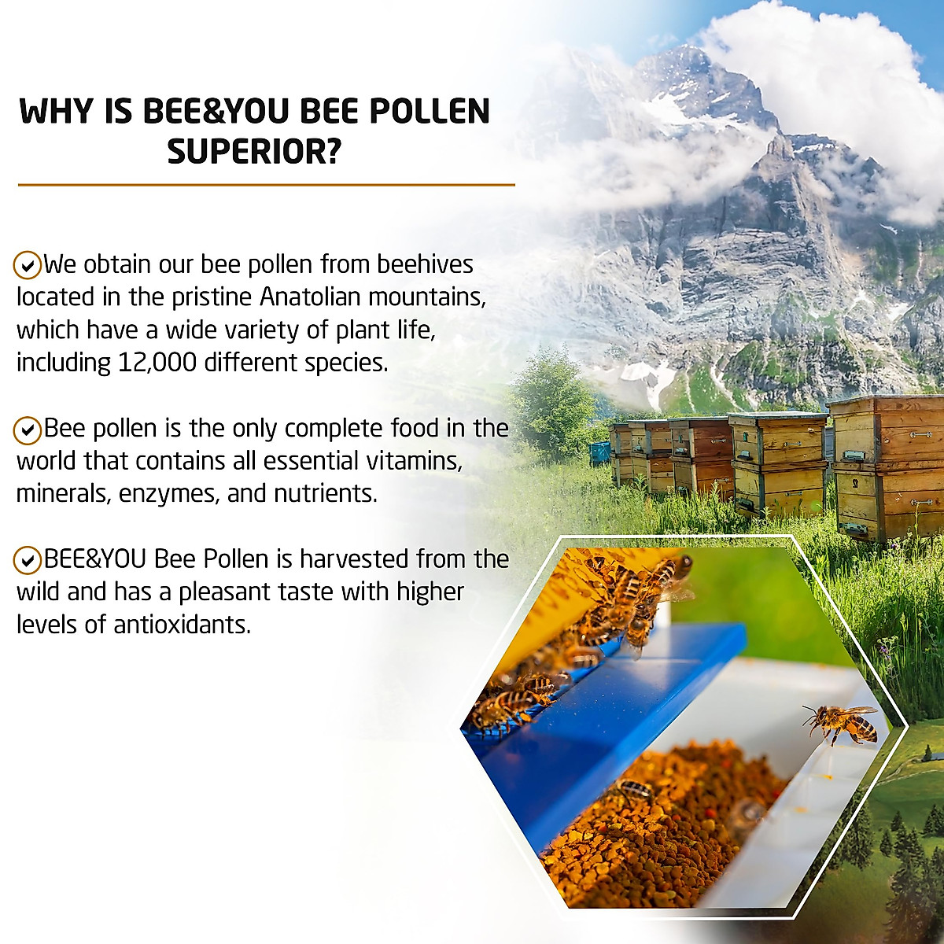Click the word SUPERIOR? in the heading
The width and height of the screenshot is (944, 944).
[x=254, y=151]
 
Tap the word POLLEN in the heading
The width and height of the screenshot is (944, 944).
[x=430, y=112]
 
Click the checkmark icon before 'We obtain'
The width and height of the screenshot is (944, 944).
[x=28, y=265]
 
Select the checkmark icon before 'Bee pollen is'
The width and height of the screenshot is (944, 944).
[x=28, y=430]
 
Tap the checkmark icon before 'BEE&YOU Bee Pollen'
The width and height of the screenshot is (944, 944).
[x=28, y=560]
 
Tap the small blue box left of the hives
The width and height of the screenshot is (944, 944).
[x=600, y=452]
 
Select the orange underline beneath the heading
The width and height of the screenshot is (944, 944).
[x=266, y=185]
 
